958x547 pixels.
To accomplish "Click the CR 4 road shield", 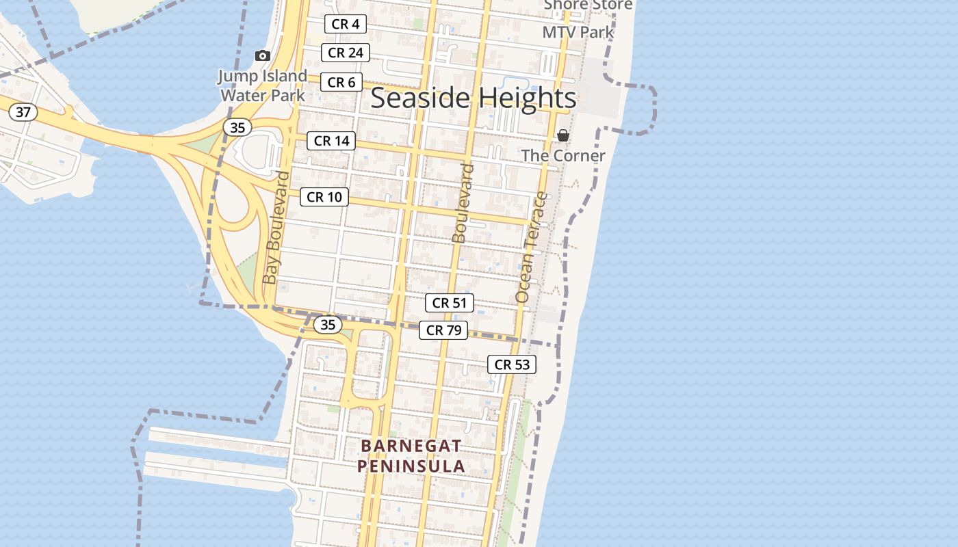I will (346, 24).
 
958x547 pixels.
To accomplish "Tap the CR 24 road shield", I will (346, 53).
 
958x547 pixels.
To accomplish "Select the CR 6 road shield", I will (341, 82).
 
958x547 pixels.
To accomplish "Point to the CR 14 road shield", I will (331, 141).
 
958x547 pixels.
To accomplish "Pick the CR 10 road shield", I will (324, 197).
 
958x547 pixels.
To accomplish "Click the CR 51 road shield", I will (449, 303).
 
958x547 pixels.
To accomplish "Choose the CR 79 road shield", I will (443, 330).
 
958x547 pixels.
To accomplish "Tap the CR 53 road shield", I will (512, 364).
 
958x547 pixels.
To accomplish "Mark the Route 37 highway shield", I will (23, 111).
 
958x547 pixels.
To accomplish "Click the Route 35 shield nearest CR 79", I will (328, 325).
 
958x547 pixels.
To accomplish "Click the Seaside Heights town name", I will (474, 98).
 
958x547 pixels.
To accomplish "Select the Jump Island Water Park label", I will (263, 85).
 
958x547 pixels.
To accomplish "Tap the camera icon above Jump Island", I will (262, 55).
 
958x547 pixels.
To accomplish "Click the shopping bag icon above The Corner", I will (563, 135).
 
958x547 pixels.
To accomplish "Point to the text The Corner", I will (563, 155).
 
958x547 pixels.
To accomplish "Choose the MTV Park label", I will (578, 32).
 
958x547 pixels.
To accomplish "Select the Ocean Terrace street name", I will (532, 248).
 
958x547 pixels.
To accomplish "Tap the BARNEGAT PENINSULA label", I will (411, 456).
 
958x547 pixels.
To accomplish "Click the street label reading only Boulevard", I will (463, 203).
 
